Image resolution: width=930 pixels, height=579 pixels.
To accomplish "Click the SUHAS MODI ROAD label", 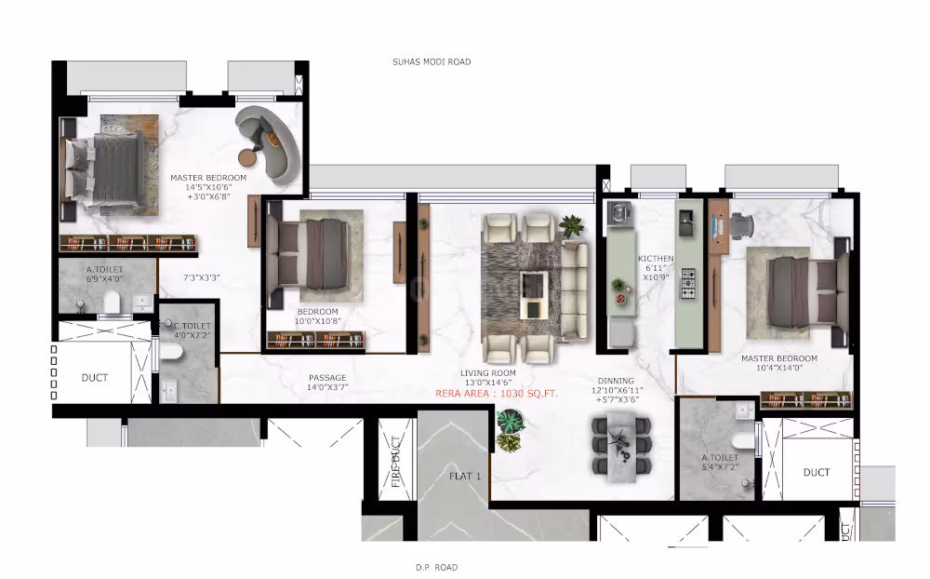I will coord(432,62).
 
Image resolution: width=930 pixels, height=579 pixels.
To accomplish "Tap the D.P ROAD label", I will coord(436,567).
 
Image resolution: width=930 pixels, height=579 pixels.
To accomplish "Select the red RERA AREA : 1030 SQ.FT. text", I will coord(497,394).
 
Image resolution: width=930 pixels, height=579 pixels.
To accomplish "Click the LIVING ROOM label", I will coord(488,373).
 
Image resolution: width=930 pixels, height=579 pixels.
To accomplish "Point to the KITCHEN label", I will coord(656,259).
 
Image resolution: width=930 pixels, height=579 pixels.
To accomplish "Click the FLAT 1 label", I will coord(465,476).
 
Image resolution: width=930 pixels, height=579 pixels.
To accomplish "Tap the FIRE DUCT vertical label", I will coord(395,462).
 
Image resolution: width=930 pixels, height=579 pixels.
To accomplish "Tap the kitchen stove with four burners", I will coord(689,283).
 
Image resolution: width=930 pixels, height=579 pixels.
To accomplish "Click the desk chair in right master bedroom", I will coord(741,223).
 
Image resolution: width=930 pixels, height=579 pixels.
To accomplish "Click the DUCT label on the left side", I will coord(95,378).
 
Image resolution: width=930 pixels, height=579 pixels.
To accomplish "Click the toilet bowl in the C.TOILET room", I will coord(173,352).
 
